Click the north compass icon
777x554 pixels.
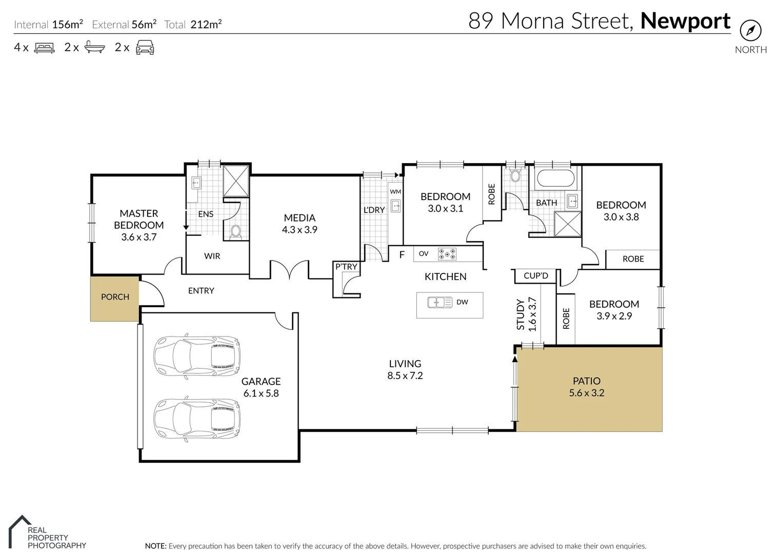(750, 31)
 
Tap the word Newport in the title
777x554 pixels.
(685, 21)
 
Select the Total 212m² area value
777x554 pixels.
(206, 24)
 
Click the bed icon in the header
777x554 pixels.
(44, 48)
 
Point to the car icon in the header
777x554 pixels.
(145, 48)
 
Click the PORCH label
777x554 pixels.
(115, 297)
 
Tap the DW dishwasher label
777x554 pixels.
(462, 302)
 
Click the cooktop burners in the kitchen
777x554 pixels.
(447, 254)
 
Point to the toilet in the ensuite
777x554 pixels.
(235, 231)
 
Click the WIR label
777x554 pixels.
(212, 256)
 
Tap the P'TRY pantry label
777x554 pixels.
(346, 267)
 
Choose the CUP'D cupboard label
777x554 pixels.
(535, 276)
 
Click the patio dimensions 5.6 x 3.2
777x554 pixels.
(586, 393)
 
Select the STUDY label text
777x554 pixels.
(520, 314)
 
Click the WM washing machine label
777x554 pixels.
(395, 192)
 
